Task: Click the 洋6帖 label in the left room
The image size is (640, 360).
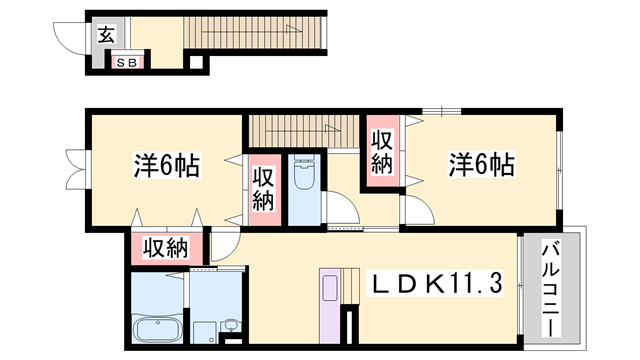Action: [166, 165]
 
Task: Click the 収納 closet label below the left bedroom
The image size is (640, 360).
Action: [166, 248]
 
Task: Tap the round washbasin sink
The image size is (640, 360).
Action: [231, 324]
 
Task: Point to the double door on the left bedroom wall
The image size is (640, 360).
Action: [73, 168]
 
